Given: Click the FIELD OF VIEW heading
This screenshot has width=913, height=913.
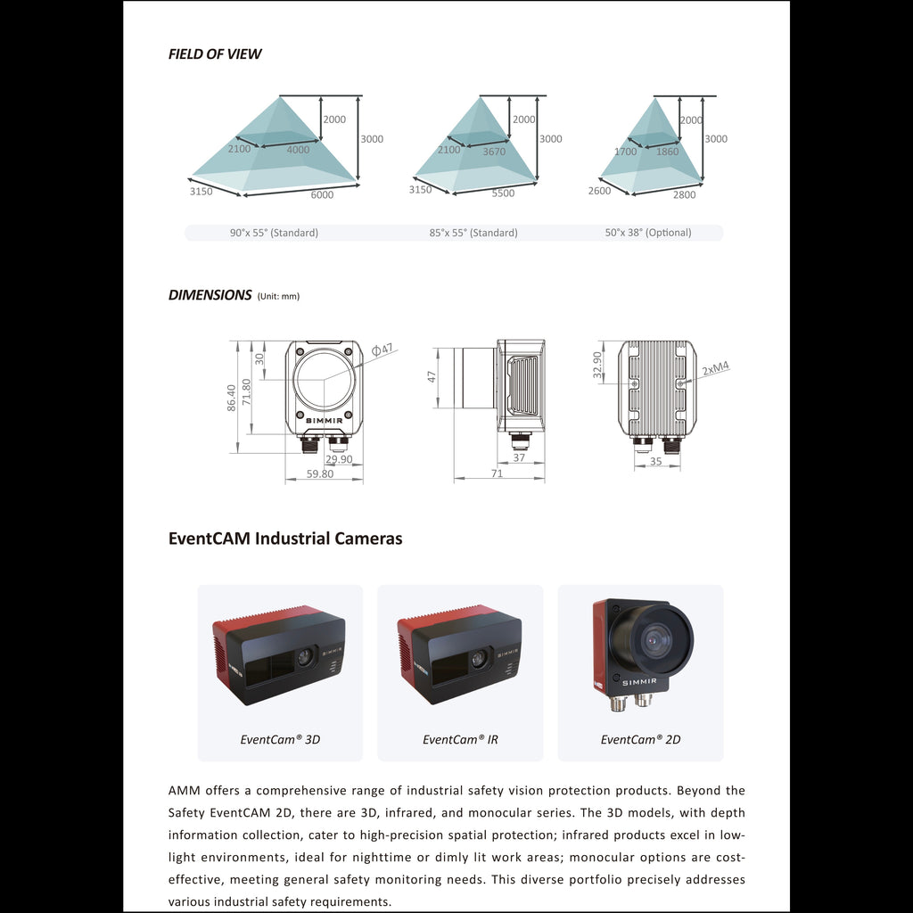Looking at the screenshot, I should click(215, 53).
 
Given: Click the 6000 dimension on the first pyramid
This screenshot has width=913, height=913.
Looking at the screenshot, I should click(322, 194).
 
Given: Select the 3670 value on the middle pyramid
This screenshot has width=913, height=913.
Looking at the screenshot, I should click(493, 152).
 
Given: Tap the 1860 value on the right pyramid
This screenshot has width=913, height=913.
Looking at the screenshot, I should click(667, 152).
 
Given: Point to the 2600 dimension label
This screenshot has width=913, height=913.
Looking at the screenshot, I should click(600, 191).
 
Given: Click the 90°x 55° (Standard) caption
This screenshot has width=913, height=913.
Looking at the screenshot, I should click(274, 233).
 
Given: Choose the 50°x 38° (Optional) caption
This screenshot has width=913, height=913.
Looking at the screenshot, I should click(647, 233).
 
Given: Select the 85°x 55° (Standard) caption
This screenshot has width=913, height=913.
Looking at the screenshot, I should click(473, 233).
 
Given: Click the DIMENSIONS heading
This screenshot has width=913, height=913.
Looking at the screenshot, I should click(210, 295).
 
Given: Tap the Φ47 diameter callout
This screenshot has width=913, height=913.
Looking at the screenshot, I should click(382, 350).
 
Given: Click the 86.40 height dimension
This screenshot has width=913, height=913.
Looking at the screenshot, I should click(232, 398).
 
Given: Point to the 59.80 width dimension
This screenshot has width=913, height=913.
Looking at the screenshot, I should click(320, 474).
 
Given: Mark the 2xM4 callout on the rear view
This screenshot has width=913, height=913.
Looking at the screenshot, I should click(715, 366).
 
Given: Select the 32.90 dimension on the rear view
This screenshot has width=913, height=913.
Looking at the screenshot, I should click(597, 364).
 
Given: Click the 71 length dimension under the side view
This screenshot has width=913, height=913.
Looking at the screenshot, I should click(497, 473).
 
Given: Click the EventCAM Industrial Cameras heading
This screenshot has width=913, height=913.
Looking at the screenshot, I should click(285, 539).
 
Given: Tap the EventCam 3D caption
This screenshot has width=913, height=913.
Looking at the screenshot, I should click(280, 739).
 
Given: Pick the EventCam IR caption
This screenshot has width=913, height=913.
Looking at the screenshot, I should click(460, 739).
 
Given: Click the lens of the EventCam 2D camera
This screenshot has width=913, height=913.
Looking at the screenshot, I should click(657, 637).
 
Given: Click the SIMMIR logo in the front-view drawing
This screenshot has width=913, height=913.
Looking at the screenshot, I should click(325, 420).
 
